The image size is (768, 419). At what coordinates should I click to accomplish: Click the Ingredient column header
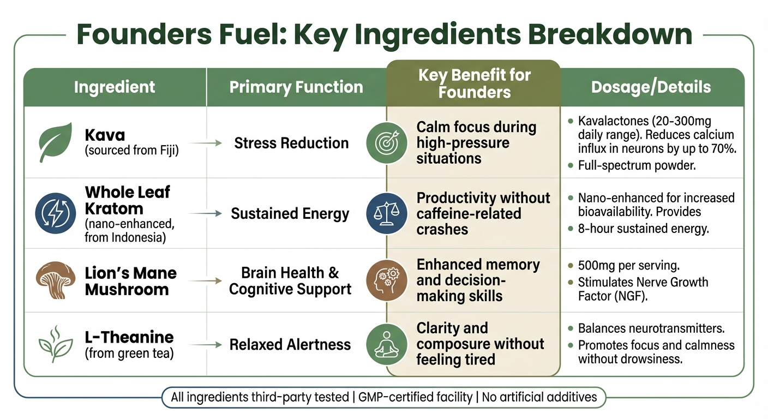pos(115,87)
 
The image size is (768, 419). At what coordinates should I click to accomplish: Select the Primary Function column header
pos(296,87)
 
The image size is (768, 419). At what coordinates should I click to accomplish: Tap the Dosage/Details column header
pos(651,87)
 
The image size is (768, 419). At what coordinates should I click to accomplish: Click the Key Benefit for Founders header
pos(474,83)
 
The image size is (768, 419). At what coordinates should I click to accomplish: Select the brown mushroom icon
pos(54,281)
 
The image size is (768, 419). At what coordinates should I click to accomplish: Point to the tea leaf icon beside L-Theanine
pos(55,344)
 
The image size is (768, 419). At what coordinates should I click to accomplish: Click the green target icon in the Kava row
pos(386,143)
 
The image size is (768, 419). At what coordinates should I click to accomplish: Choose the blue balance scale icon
pos(386,213)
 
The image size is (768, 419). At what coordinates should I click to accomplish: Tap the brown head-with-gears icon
pos(386,281)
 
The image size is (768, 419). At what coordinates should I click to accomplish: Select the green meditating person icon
pos(386,344)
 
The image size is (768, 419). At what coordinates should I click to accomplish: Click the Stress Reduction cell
pos(291,143)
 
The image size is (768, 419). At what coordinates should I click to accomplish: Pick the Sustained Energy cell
pos(290,213)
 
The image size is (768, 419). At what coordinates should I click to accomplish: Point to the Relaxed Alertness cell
pos(290,345)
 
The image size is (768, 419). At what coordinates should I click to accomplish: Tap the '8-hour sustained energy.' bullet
pos(643,229)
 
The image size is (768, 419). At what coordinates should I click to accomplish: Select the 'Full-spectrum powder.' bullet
pos(637,165)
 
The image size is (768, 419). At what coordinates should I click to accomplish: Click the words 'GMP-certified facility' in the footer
pos(415,397)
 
